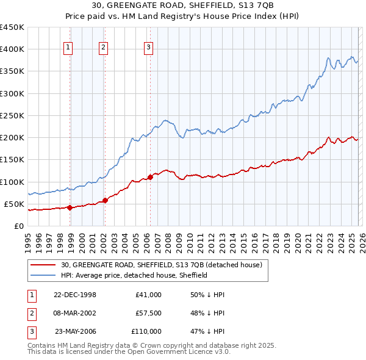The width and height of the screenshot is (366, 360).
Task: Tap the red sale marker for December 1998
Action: coord(70,207)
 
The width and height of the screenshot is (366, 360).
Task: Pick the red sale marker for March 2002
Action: coord(105,200)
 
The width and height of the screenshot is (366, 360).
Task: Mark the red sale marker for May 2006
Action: coord(150,177)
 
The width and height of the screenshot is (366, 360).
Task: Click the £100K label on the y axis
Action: coord(12,182)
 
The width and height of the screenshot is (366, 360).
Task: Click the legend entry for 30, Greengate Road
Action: coord(162,265)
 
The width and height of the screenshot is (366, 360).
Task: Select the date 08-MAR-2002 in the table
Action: coord(75,313)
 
